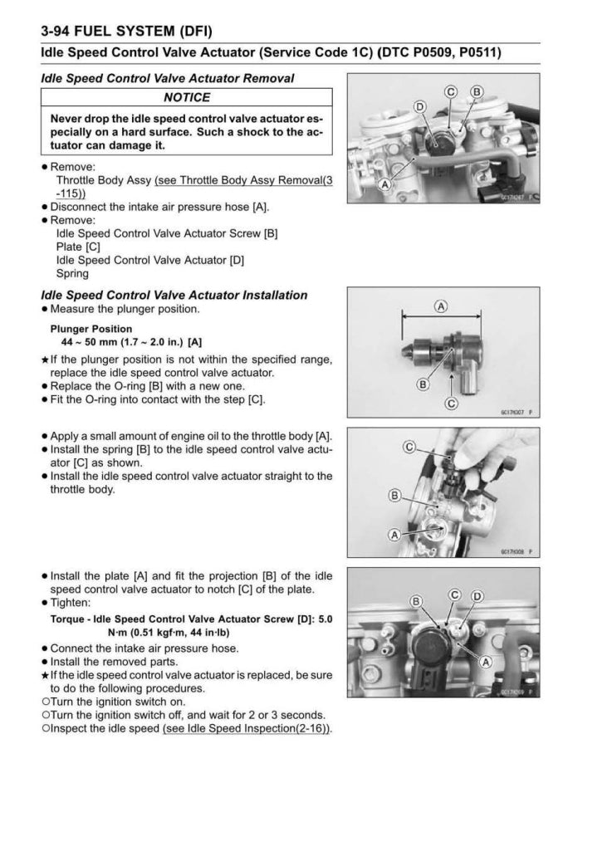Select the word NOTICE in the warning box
[x=187, y=97]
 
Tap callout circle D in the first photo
[x=419, y=107]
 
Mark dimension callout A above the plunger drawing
[x=441, y=306]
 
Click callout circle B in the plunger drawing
[x=423, y=384]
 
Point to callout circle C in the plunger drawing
[x=452, y=404]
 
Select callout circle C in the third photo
[x=409, y=448]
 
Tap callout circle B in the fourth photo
[x=417, y=601]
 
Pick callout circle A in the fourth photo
[x=485, y=661]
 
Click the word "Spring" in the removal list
[x=72, y=273]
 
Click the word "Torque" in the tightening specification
[x=69, y=618]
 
